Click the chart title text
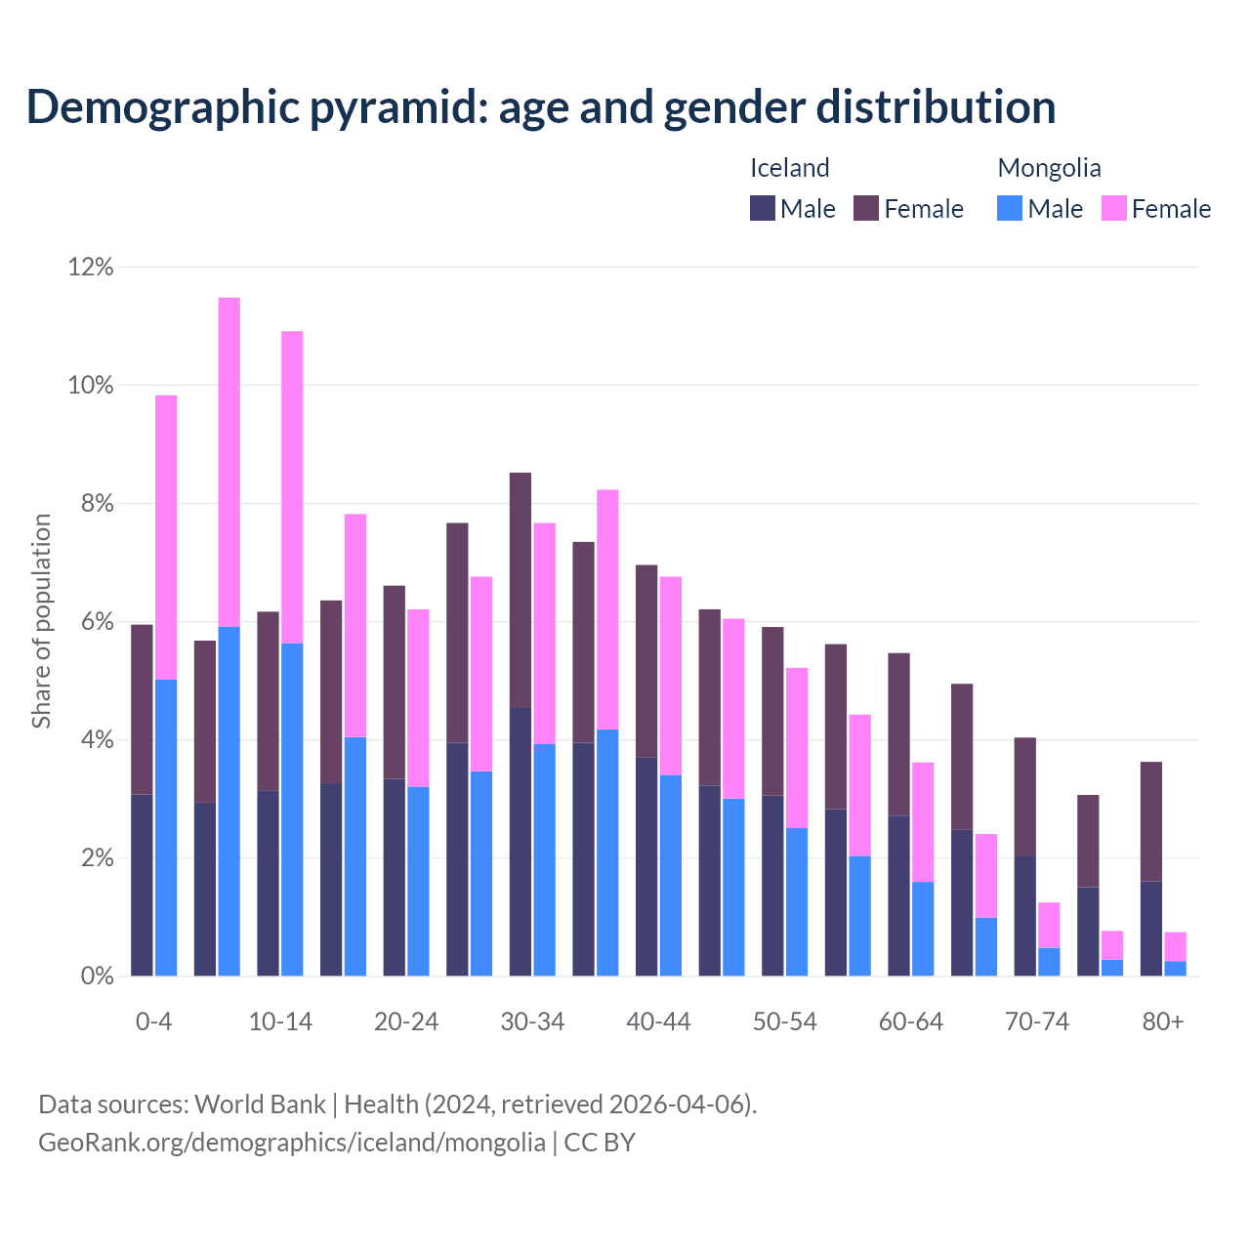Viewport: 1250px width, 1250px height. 541,107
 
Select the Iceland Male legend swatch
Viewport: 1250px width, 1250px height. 763,208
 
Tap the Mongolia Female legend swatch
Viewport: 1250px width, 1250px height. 1114,208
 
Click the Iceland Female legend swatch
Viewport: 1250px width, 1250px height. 866,208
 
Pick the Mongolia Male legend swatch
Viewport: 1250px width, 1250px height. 1010,208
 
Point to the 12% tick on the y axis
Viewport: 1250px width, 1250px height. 91,267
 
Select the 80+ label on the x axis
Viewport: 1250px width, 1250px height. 1163,1022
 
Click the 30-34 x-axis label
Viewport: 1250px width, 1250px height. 532,1022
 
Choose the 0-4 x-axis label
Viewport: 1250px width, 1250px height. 154,1022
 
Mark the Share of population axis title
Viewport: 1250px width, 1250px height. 41,621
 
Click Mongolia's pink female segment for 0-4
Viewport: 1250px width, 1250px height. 166,537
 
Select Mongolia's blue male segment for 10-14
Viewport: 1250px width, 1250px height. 292,810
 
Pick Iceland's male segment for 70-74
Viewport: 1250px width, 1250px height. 1025,916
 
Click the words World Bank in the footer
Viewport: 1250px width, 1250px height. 261,1104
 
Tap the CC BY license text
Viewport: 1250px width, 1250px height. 600,1143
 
